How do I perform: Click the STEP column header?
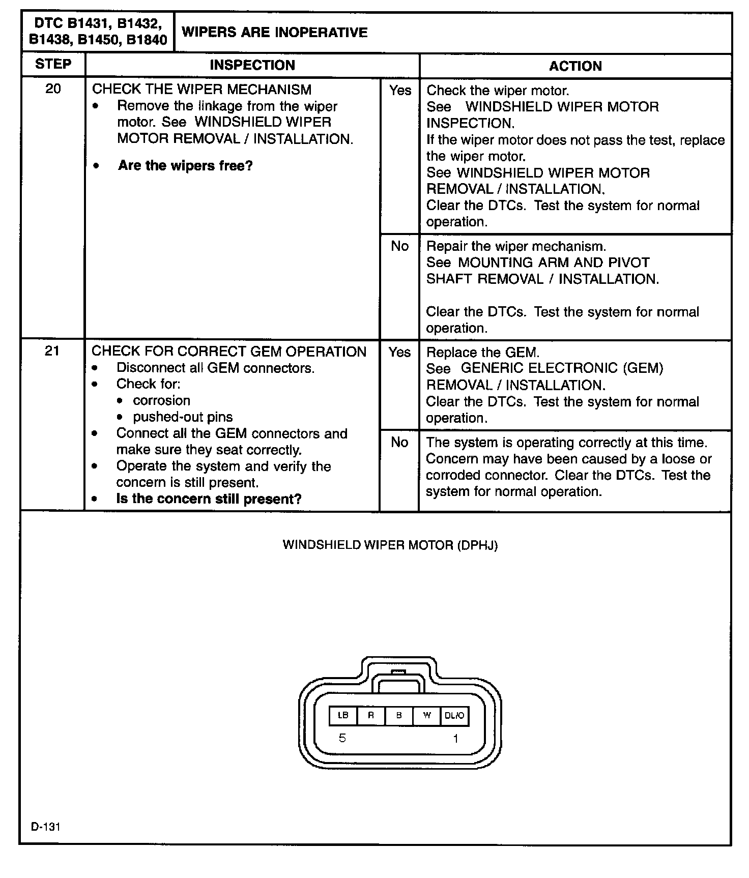[53, 65]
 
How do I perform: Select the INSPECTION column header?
[252, 65]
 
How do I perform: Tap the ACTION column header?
[575, 66]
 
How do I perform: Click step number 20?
[53, 89]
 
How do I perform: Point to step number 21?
[52, 351]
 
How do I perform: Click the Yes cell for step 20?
[400, 91]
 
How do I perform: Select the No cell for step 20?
[399, 246]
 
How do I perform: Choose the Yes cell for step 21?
[399, 352]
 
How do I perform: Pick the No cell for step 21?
[399, 443]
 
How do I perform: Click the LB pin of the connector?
[343, 715]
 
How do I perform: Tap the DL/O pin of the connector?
[454, 715]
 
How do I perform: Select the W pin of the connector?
[427, 715]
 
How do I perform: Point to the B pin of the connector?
[399, 715]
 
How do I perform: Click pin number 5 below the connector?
[342, 738]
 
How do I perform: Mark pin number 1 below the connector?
[455, 738]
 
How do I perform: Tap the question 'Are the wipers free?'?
[185, 166]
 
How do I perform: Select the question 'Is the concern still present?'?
[209, 499]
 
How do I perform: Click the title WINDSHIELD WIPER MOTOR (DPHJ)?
[390, 545]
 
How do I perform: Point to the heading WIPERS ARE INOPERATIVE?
[274, 33]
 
